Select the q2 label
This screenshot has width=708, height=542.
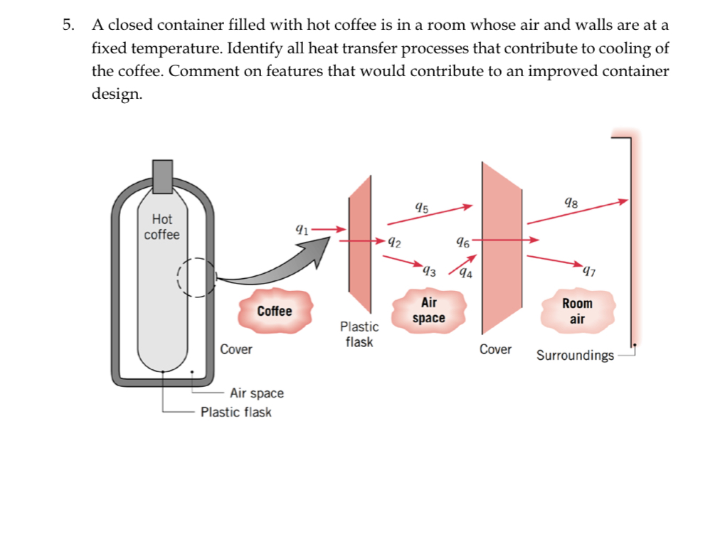393,243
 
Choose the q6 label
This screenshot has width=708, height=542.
462,241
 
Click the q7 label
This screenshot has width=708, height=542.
588,270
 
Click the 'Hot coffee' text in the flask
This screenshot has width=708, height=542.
162,227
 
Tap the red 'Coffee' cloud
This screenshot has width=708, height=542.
275,311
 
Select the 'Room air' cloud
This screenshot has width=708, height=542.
577,311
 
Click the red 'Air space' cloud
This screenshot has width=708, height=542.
429,310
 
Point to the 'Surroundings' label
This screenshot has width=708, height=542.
574,355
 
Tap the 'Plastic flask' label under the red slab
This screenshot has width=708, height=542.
359,334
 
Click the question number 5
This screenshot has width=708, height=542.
67,26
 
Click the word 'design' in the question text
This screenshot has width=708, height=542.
115,95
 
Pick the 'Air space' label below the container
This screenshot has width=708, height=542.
256,393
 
